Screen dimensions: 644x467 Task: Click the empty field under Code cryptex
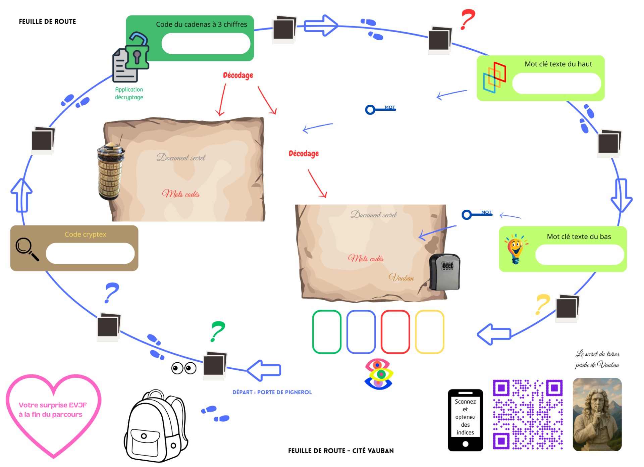pos(90,253)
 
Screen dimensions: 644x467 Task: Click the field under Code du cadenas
pos(206,43)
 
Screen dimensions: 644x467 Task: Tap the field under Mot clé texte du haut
pos(557,83)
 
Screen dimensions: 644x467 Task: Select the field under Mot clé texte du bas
pos(580,255)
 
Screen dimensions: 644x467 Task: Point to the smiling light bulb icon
pos(516,249)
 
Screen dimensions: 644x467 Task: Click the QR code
pos(528,414)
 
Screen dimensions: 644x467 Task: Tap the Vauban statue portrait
pos(597,414)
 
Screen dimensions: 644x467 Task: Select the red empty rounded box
pos(395,332)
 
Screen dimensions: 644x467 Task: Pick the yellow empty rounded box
pos(430,332)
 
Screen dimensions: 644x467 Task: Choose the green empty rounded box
pos(327,332)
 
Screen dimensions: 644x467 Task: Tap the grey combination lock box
pos(445,272)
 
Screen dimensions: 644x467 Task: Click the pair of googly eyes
pos(184,368)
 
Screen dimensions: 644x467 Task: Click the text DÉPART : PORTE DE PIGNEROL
pos(272,392)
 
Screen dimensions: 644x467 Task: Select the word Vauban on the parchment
pos(401,277)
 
